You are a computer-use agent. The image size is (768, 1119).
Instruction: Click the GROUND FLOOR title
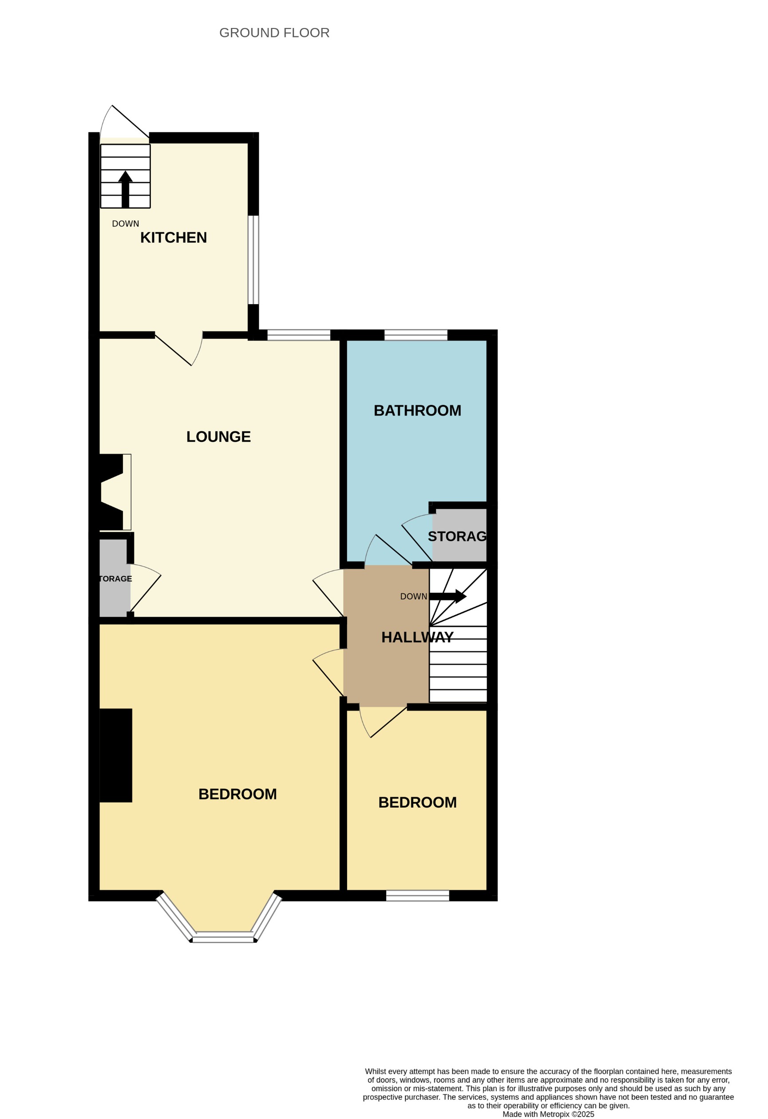pos(274,33)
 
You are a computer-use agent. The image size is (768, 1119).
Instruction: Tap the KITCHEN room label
pos(173,238)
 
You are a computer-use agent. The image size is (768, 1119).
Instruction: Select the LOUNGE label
pos(218,436)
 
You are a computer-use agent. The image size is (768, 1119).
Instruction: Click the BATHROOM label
pos(417,410)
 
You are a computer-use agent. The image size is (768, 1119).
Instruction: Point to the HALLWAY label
pos(417,637)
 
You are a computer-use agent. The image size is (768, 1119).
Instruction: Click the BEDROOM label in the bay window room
pos(238,794)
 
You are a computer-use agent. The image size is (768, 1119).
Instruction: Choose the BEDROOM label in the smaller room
pos(417,802)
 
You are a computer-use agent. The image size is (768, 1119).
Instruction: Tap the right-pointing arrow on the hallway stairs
pos(447,596)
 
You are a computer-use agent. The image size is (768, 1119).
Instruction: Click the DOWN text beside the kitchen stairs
pos(125,223)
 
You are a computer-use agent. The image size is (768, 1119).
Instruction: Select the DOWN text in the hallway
pos(413,596)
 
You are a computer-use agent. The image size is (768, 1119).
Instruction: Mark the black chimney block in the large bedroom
pos(115,755)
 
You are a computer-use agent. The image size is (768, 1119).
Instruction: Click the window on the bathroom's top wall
pos(416,335)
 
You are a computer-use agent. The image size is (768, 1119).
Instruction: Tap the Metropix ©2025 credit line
pos(548,1114)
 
